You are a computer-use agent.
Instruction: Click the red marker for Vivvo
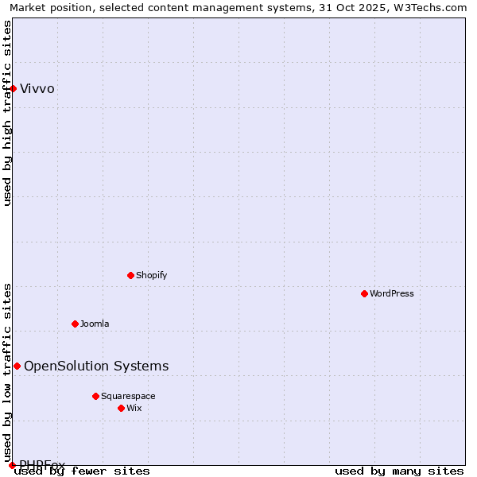(x=14, y=88)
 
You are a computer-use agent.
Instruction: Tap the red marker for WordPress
(x=365, y=293)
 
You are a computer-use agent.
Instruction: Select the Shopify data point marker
(x=131, y=275)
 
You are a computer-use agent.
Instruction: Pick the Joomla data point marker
(x=76, y=324)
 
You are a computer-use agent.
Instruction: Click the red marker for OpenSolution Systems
(x=17, y=366)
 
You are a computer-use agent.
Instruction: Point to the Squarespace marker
(x=96, y=396)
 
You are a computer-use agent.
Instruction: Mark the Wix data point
(x=122, y=408)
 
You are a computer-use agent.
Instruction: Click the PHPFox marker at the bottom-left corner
(x=12, y=465)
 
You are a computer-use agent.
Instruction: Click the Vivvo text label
(x=37, y=88)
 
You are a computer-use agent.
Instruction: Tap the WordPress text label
(x=392, y=293)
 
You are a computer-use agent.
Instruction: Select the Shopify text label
(x=152, y=275)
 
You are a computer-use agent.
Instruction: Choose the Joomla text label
(x=95, y=324)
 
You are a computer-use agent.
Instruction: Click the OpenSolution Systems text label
(x=96, y=366)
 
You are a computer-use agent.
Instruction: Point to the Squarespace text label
(x=128, y=396)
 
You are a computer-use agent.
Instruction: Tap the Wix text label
(x=134, y=408)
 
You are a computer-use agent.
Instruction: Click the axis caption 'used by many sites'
(x=399, y=471)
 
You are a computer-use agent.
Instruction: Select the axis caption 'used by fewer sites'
(x=83, y=471)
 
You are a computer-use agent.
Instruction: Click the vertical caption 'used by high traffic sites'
(x=8, y=113)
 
